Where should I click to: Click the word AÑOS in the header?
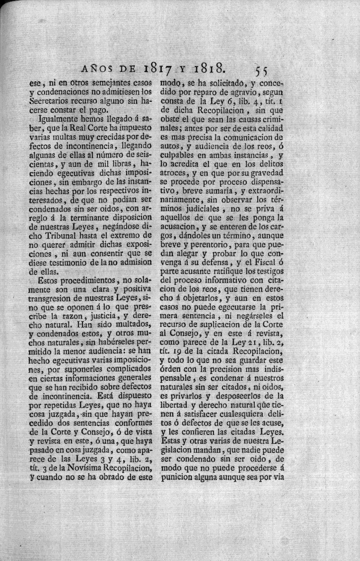click(97, 68)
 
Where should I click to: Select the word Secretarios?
click(49, 101)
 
